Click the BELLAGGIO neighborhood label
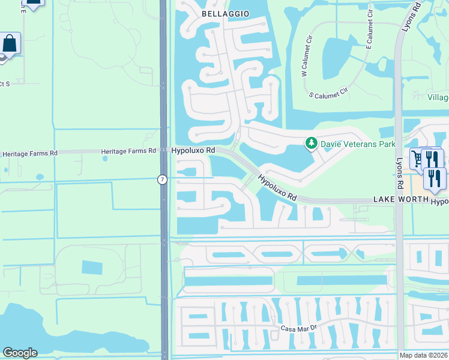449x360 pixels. coord(225,13)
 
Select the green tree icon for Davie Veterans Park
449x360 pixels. coord(311,143)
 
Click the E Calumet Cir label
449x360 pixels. coord(370,32)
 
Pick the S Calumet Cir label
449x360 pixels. coord(328,94)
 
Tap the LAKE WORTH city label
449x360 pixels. coord(400,199)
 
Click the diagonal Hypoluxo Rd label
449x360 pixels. coord(277,187)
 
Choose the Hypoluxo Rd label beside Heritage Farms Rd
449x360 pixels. coord(193,150)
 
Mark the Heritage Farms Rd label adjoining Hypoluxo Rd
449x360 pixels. coord(128,151)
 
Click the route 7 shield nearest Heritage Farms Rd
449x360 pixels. coord(162,179)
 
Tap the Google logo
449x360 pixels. coord(20,353)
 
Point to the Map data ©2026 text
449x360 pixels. coord(423,356)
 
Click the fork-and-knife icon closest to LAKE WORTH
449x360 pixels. coord(435,178)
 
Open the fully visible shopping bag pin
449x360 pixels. coord(10,43)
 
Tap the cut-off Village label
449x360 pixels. coord(438,98)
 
